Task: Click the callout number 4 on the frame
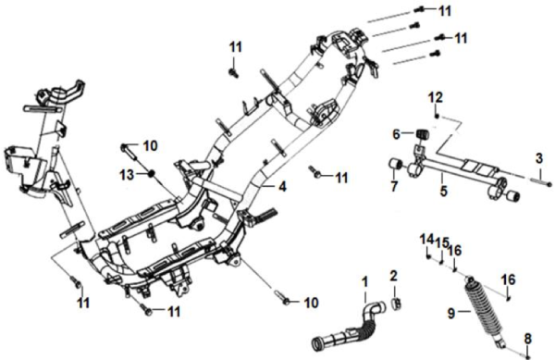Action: point(282,187)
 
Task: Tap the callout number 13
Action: point(127,174)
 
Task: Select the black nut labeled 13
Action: point(152,174)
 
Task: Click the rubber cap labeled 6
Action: point(421,135)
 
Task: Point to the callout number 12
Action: point(436,97)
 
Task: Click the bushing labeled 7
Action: point(396,165)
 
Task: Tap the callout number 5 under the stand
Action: point(443,191)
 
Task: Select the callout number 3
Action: point(538,158)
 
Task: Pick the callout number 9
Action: point(451,314)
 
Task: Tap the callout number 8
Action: point(528,339)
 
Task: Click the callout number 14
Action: point(426,240)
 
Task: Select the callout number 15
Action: point(442,242)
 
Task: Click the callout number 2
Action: point(394,276)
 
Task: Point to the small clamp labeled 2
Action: point(397,303)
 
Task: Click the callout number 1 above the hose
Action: point(365,282)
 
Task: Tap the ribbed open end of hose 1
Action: point(317,344)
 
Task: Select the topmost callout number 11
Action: point(445,11)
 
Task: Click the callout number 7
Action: point(395,186)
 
